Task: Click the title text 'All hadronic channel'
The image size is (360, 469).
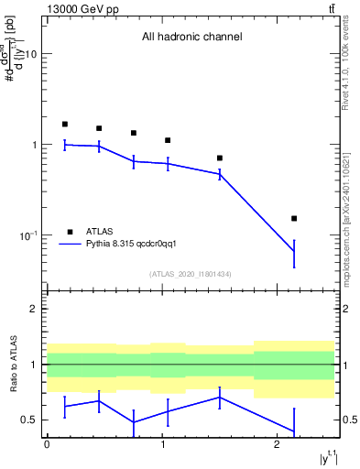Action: click(x=191, y=38)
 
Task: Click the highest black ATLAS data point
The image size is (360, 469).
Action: click(x=65, y=124)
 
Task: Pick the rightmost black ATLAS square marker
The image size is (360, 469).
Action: click(x=294, y=218)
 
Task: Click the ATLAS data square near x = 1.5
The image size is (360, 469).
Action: click(x=220, y=158)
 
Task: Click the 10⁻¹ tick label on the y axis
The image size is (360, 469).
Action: click(x=27, y=236)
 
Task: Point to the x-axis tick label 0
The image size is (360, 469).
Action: click(x=47, y=444)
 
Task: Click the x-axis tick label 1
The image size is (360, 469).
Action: click(x=162, y=444)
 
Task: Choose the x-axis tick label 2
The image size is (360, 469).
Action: click(x=278, y=444)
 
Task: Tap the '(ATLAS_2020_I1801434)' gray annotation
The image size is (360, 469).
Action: click(x=191, y=274)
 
